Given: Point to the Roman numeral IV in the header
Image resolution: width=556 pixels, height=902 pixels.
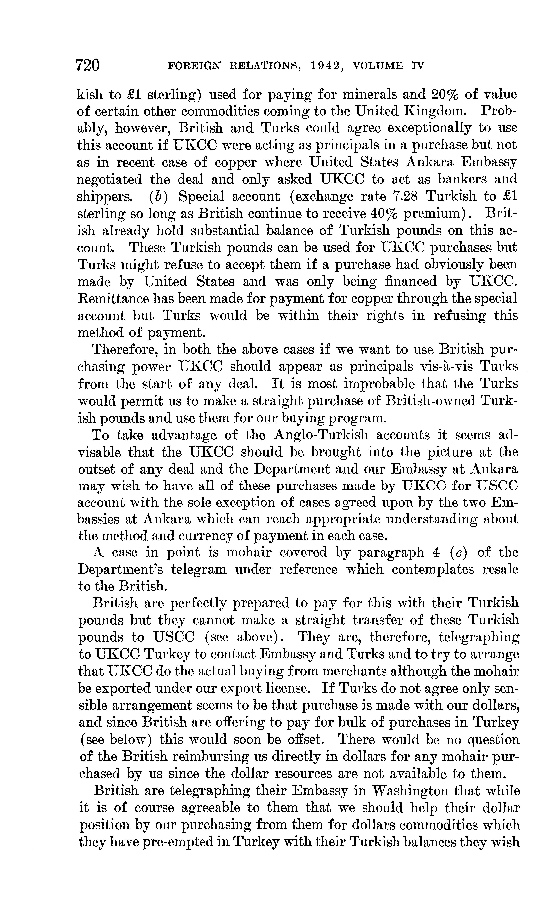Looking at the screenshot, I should [x=418, y=66].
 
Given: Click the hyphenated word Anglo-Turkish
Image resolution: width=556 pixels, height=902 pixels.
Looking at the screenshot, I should [x=321, y=435].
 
